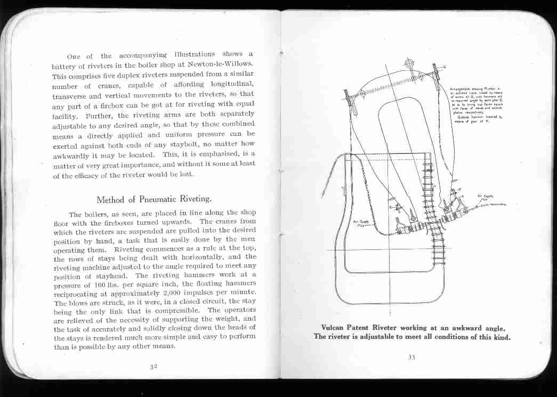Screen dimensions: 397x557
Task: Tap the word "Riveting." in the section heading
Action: pos(193,200)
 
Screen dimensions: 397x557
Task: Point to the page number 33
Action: pos(411,357)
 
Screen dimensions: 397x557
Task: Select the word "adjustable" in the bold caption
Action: pos(394,337)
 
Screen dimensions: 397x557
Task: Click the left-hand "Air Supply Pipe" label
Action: pos(360,222)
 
